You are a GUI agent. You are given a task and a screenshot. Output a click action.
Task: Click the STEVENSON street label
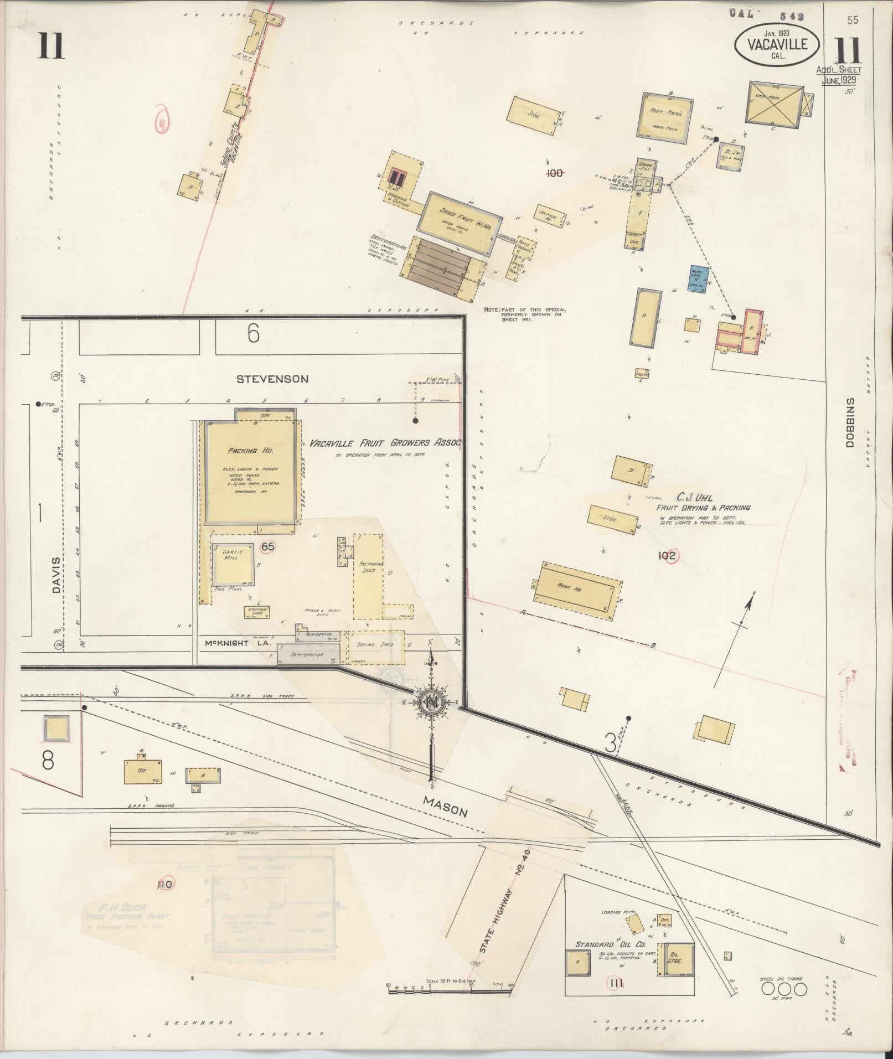tap(272, 379)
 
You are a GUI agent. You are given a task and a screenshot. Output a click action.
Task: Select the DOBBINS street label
tap(850, 422)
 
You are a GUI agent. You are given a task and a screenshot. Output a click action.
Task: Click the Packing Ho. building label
tap(250, 451)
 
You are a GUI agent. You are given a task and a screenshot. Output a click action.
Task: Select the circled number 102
tap(667, 555)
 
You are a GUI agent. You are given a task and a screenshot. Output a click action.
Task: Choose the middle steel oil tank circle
tap(784, 989)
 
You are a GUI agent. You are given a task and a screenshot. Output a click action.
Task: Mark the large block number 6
tap(254, 334)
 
